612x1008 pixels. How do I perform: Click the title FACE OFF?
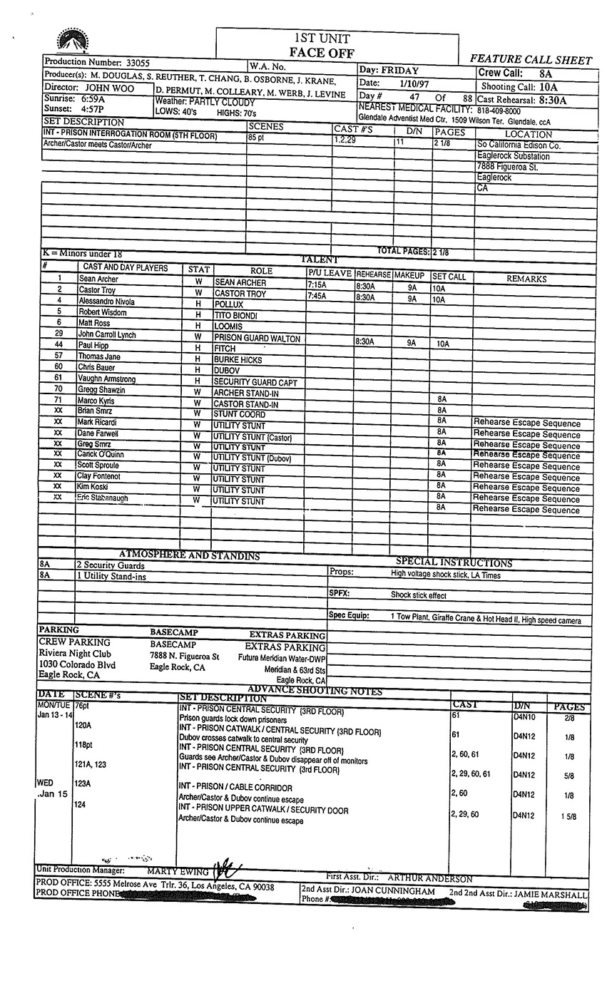click(x=322, y=53)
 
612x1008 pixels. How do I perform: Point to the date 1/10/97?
click(x=413, y=83)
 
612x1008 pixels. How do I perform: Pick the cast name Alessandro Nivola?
click(x=106, y=302)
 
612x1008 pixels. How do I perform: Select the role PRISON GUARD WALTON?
click(x=257, y=339)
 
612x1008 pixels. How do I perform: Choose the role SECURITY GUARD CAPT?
click(x=256, y=383)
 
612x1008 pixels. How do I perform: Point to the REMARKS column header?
click(x=526, y=279)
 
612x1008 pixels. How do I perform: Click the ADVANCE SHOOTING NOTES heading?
click(x=315, y=691)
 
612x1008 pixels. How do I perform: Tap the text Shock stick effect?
click(x=418, y=595)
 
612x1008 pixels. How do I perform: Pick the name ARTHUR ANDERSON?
click(x=430, y=879)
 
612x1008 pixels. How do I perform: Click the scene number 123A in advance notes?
click(x=83, y=783)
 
